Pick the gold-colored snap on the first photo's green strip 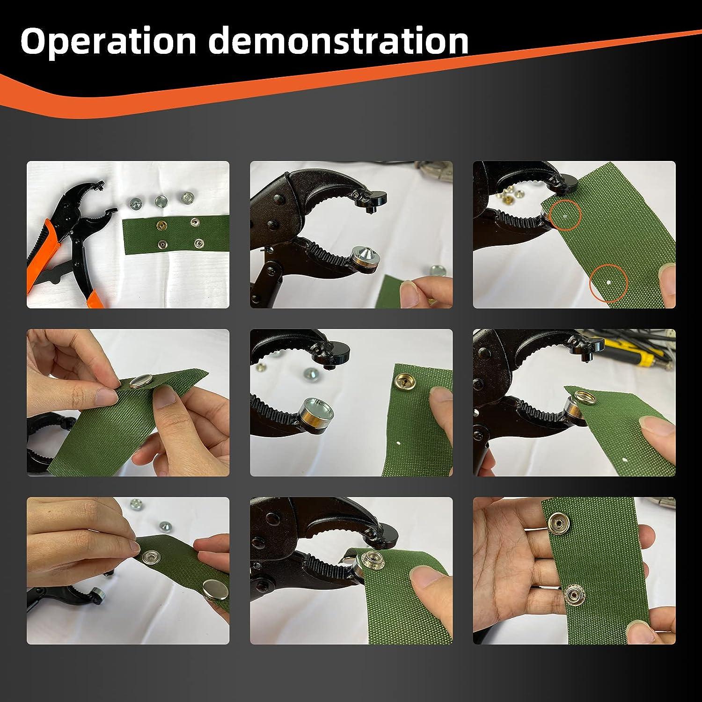(161, 225)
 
